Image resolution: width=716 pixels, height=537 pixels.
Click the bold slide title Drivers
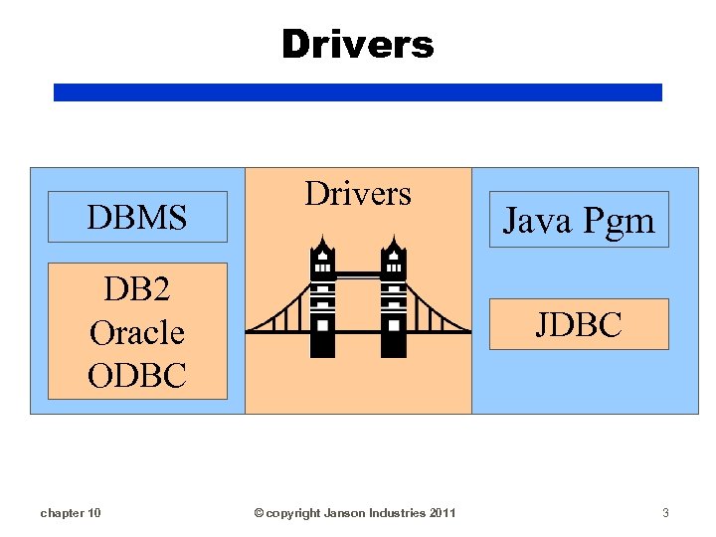(x=357, y=44)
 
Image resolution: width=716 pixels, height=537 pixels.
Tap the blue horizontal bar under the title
(x=357, y=92)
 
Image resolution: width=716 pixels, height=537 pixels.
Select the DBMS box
(x=137, y=217)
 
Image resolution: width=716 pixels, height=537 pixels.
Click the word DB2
(x=137, y=289)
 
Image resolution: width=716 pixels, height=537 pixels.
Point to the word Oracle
(x=137, y=332)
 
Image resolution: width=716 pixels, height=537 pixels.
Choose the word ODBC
(x=137, y=375)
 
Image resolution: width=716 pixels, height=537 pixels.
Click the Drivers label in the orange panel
(x=357, y=193)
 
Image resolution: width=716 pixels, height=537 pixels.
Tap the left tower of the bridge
(x=323, y=298)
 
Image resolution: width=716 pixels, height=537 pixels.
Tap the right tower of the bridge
(x=393, y=298)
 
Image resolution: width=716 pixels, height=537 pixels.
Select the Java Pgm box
(x=579, y=220)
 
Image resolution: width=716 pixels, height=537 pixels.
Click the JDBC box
(x=579, y=324)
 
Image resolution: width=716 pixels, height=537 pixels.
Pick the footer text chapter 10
(x=70, y=513)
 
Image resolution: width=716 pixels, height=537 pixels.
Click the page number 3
(x=665, y=513)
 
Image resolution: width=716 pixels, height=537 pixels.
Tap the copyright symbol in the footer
(x=259, y=513)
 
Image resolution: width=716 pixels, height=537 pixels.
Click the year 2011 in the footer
(x=443, y=513)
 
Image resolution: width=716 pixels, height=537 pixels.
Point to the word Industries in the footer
(x=399, y=513)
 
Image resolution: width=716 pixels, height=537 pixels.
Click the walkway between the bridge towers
(x=358, y=273)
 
